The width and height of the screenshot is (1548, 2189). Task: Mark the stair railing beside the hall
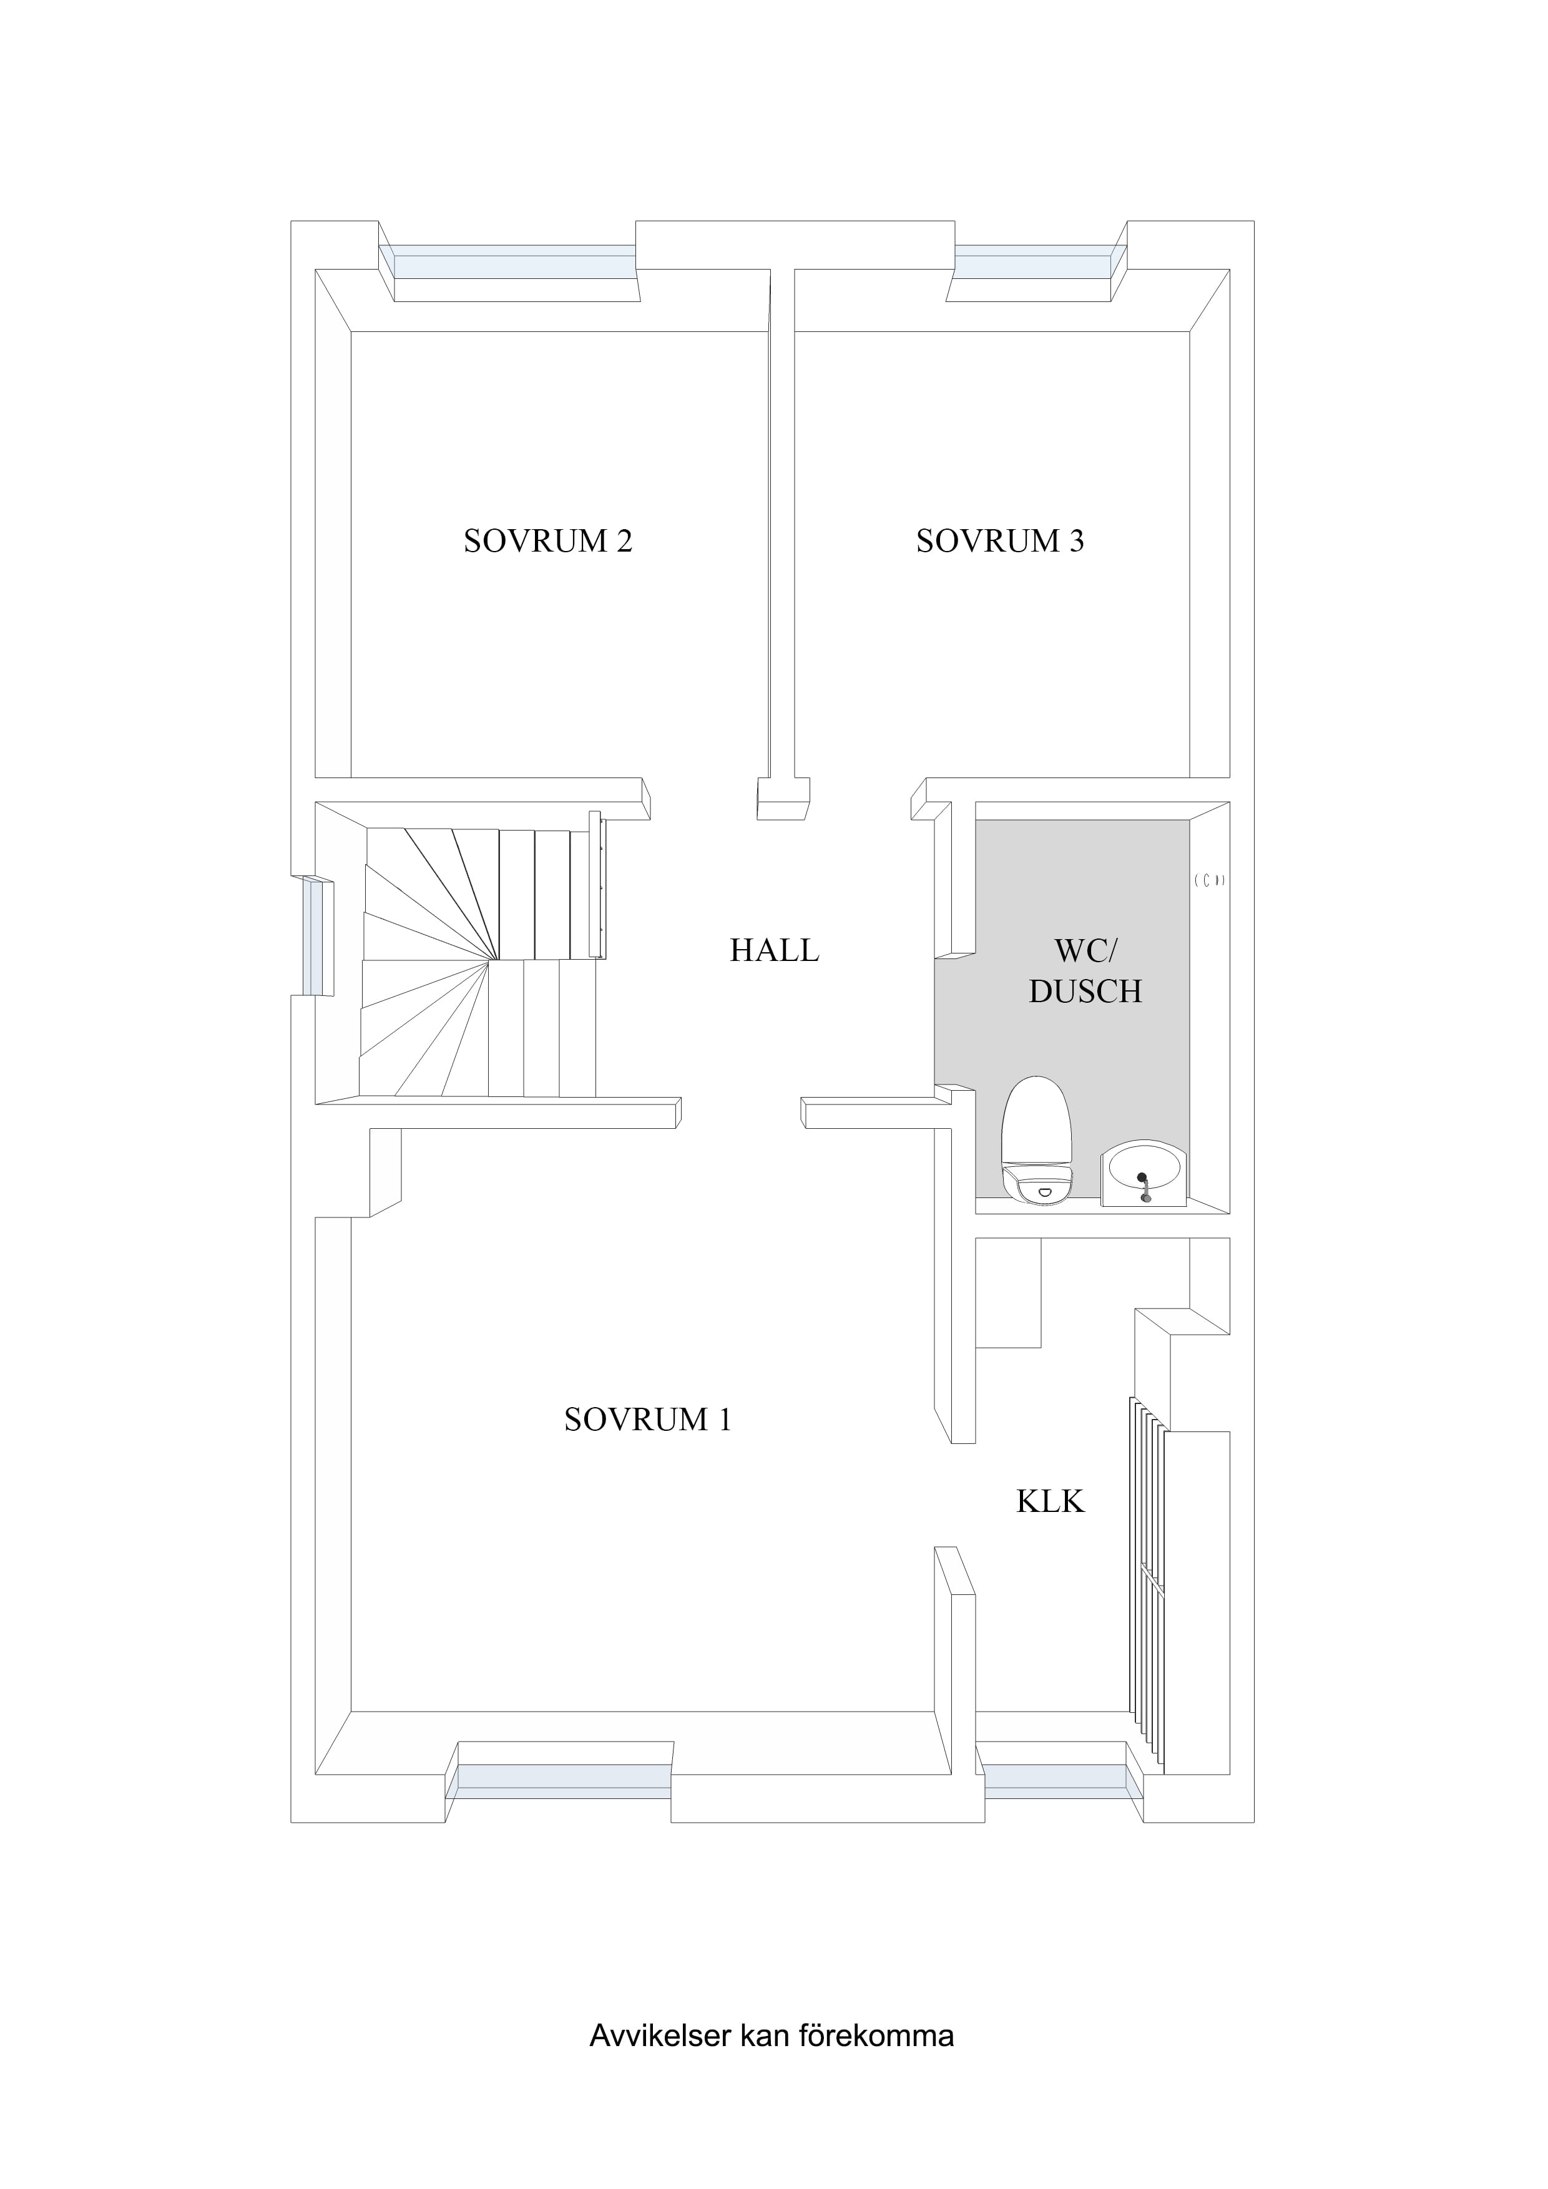[597, 883]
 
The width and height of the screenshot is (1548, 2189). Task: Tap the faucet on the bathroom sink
[1144, 1185]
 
